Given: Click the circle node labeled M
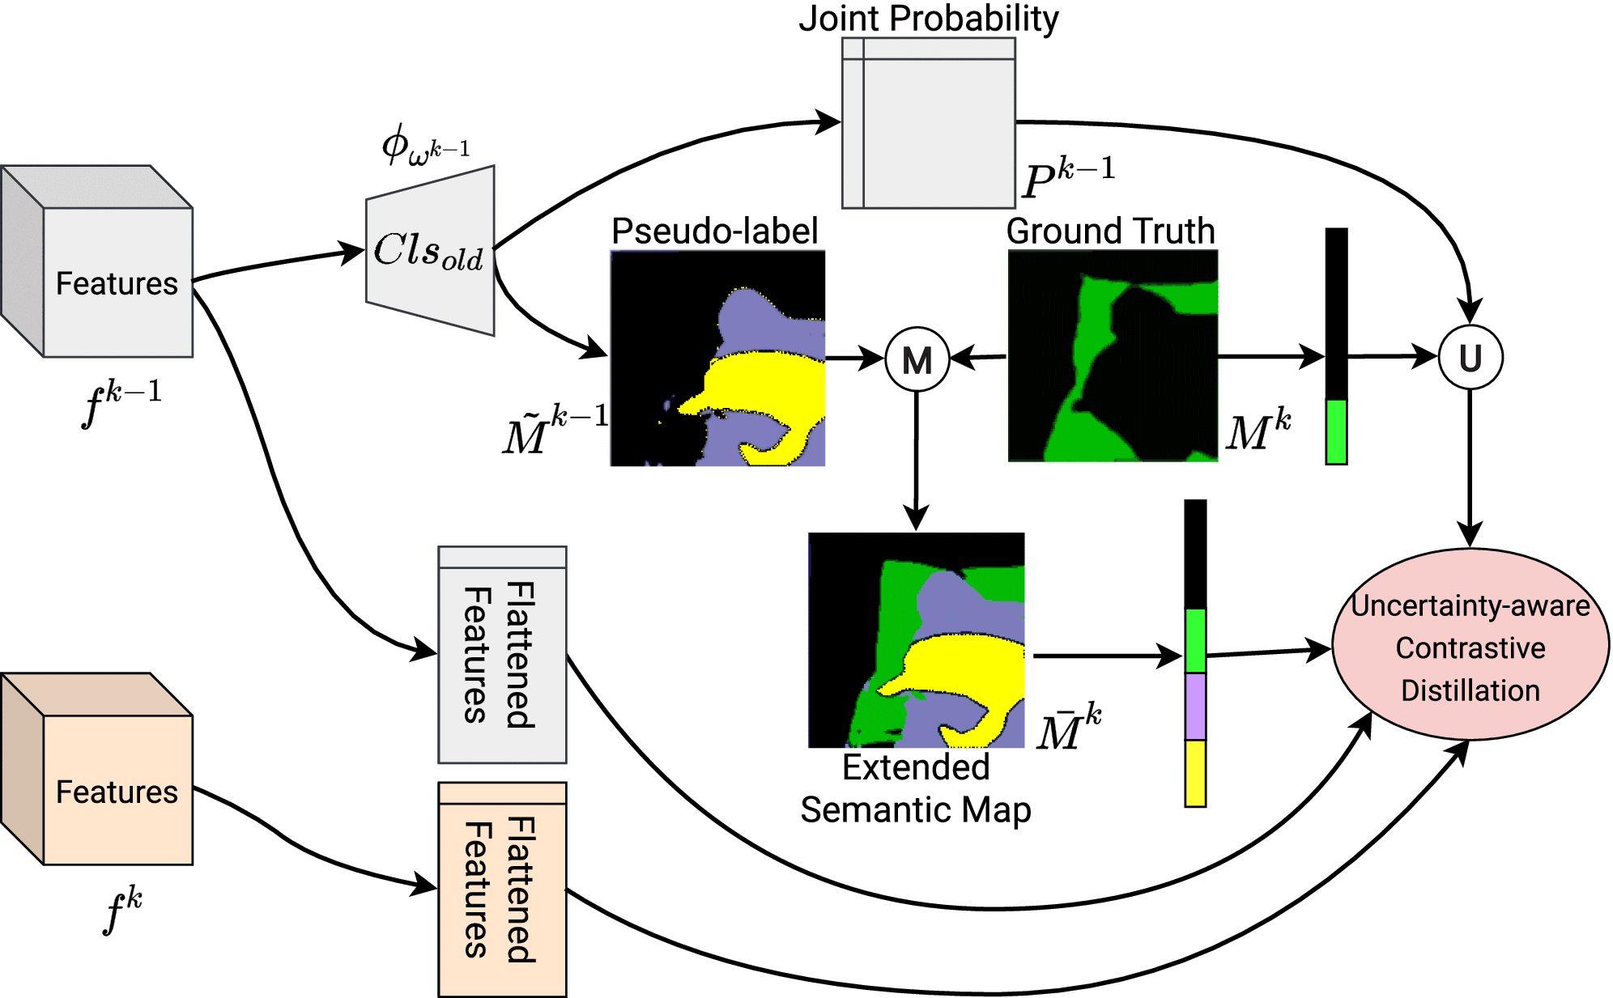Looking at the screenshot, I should point(917,359).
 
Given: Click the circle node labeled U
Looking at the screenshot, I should point(1470,357).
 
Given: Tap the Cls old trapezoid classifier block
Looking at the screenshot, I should point(430,251).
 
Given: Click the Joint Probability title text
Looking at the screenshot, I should point(928,19).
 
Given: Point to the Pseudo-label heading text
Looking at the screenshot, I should point(714,231).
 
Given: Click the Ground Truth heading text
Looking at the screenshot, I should point(1110,231).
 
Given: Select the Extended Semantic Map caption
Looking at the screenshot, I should point(916,788).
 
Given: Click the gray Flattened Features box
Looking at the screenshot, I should point(502,655).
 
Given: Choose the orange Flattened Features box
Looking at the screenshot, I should point(502,889).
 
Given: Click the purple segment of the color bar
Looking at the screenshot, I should point(1195,706).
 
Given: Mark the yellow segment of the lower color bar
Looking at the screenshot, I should point(1195,773).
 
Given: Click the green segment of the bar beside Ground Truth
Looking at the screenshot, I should point(1336,431).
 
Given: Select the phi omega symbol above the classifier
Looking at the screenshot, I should point(425,146).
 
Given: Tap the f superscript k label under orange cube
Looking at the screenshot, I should point(123,910).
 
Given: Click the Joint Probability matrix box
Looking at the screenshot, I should point(928,123).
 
